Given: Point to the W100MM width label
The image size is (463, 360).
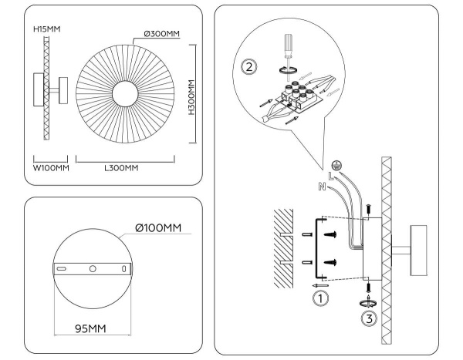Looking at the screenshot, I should [x=51, y=167].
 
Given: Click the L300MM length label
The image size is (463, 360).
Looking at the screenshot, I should [x=122, y=167].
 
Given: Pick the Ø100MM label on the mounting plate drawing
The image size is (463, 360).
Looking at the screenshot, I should [x=158, y=228].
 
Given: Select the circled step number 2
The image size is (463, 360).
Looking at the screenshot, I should [x=248, y=66].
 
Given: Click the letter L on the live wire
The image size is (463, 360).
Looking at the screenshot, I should [x=330, y=177].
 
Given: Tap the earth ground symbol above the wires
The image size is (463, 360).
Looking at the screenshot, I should [x=336, y=164].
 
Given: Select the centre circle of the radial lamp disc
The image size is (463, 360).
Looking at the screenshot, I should [x=125, y=95].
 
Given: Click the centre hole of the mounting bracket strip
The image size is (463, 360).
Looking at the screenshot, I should [x=92, y=268].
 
